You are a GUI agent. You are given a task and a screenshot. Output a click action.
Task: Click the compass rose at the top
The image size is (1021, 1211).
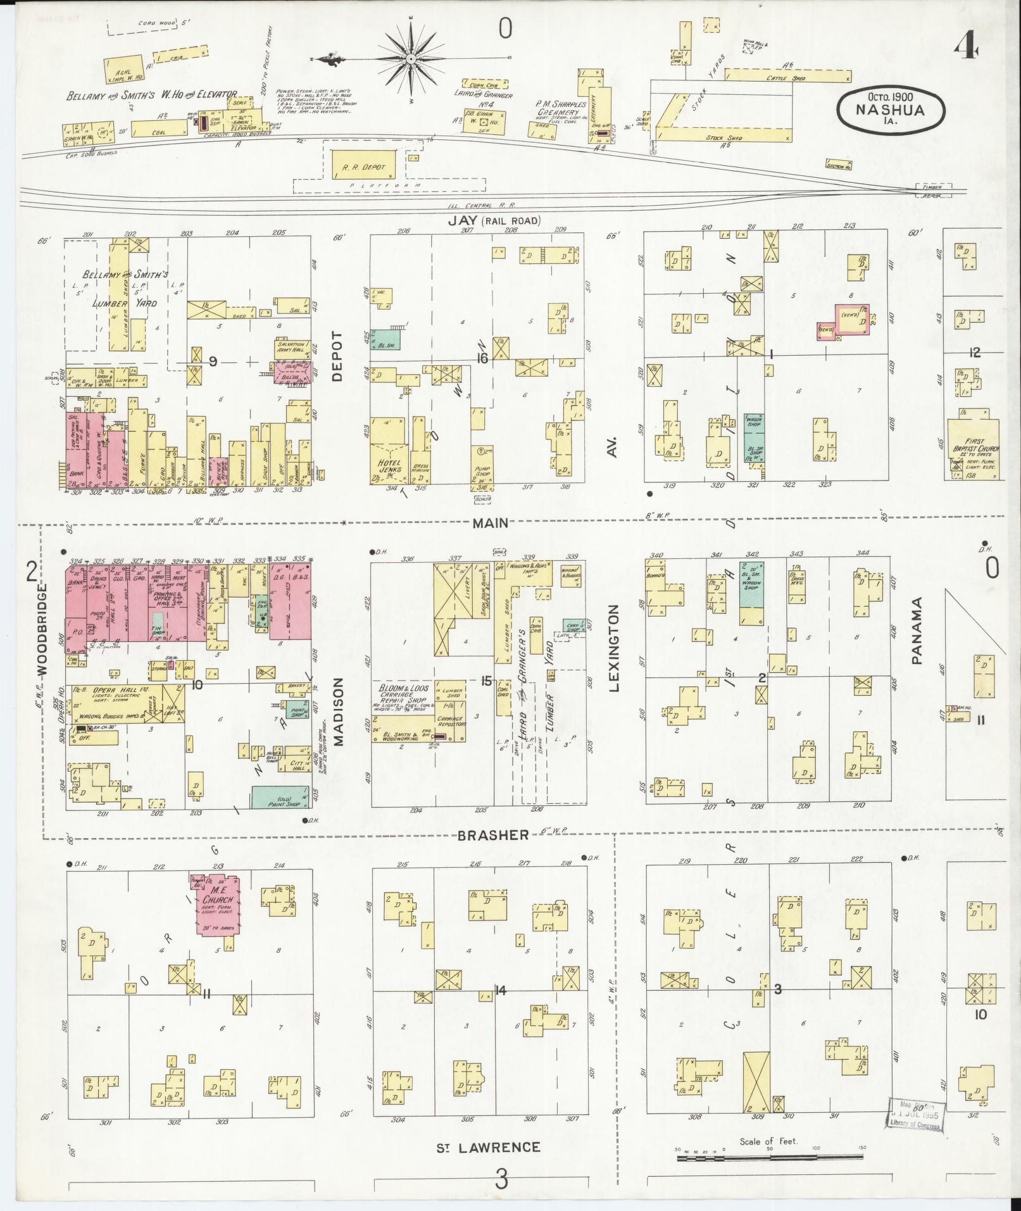coord(411,58)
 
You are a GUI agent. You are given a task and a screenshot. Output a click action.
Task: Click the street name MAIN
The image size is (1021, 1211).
coord(489,522)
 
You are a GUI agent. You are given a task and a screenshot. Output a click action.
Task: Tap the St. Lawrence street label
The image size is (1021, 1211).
coord(489,1147)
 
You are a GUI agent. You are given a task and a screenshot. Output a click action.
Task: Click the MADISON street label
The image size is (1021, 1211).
coord(338,712)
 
